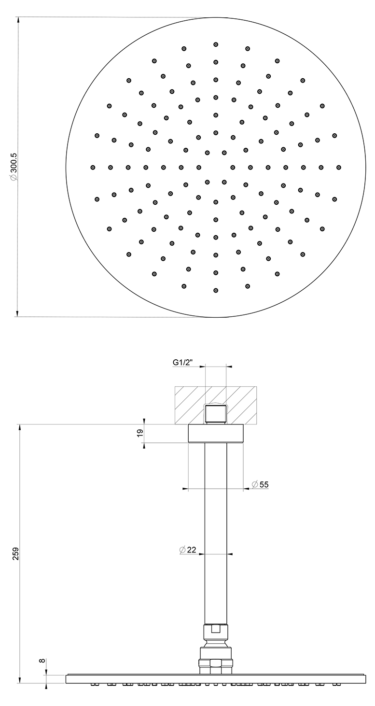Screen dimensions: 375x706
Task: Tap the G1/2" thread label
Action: click(x=182, y=363)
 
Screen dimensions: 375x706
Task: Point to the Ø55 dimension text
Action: click(x=260, y=484)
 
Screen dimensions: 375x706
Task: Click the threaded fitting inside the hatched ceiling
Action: click(x=216, y=414)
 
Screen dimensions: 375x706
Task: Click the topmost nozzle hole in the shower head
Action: click(x=216, y=44)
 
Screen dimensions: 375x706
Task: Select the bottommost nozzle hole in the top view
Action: click(x=216, y=290)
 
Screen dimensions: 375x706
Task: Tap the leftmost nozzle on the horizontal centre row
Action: click(x=93, y=167)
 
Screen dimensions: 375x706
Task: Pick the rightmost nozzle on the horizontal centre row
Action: click(x=339, y=167)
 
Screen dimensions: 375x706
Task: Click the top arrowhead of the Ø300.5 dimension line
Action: click(x=18, y=20)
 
